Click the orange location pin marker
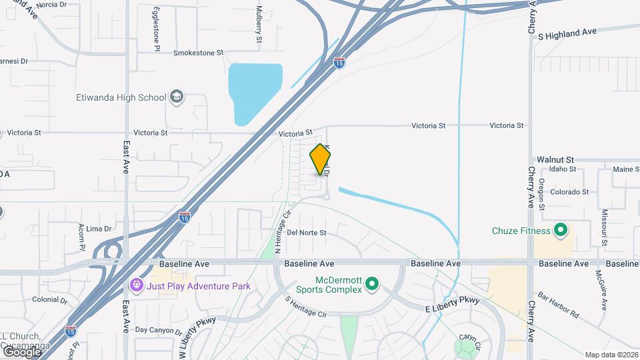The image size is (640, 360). click(x=321, y=159)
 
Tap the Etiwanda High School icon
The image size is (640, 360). click(x=176, y=97)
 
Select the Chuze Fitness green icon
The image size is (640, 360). click(x=561, y=231)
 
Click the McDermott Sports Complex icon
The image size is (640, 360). click(x=372, y=284)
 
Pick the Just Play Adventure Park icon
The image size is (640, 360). click(x=137, y=286)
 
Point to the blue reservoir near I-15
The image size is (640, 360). click(x=253, y=90)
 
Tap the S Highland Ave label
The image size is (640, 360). click(x=567, y=33)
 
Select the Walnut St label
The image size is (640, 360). click(x=555, y=160)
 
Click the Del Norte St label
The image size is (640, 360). click(x=307, y=233)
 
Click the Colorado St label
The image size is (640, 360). click(x=569, y=192)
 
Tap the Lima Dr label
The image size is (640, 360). click(x=98, y=229)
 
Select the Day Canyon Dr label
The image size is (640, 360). click(x=159, y=330)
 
